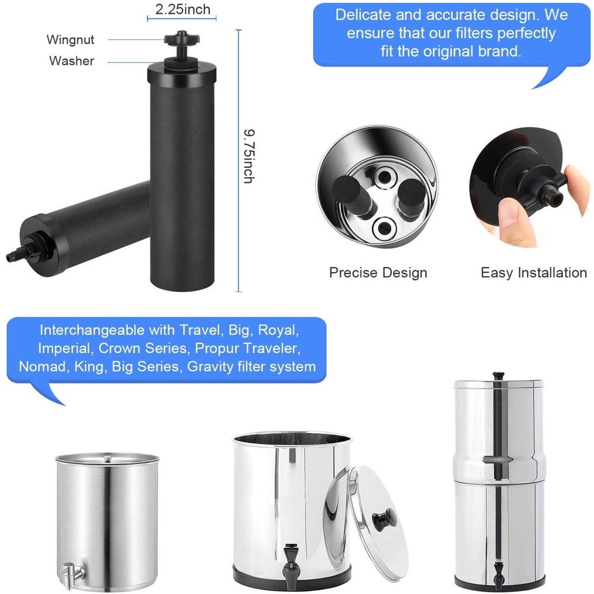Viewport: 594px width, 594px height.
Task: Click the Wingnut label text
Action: pyautogui.click(x=71, y=40)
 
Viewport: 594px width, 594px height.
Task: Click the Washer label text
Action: pyautogui.click(x=71, y=61)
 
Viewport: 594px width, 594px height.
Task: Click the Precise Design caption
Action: pyautogui.click(x=378, y=273)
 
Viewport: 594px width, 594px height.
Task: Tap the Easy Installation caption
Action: pyautogui.click(x=533, y=273)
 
